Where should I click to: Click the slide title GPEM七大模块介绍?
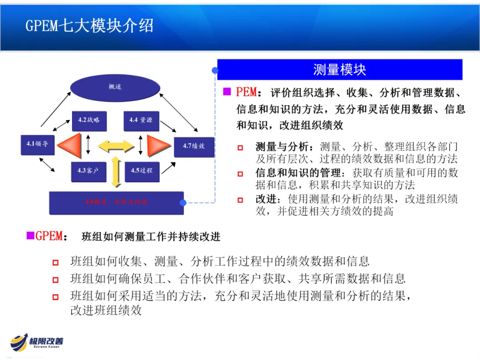[89, 26]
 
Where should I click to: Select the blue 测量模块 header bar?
[340, 70]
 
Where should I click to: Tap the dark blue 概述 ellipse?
[115, 87]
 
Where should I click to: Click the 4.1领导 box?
[37, 144]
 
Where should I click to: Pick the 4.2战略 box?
[89, 120]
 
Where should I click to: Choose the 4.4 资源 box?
[141, 120]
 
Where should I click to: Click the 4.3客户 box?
[89, 171]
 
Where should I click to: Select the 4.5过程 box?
[141, 171]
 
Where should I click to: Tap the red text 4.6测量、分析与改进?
[116, 202]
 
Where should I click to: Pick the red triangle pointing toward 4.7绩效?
[158, 145]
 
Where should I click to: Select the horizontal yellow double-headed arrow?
[116, 145]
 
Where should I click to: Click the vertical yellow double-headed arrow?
[116, 172]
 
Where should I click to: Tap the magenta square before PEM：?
[227, 92]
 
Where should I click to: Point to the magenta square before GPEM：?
[30, 236]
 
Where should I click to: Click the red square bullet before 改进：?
[240, 200]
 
